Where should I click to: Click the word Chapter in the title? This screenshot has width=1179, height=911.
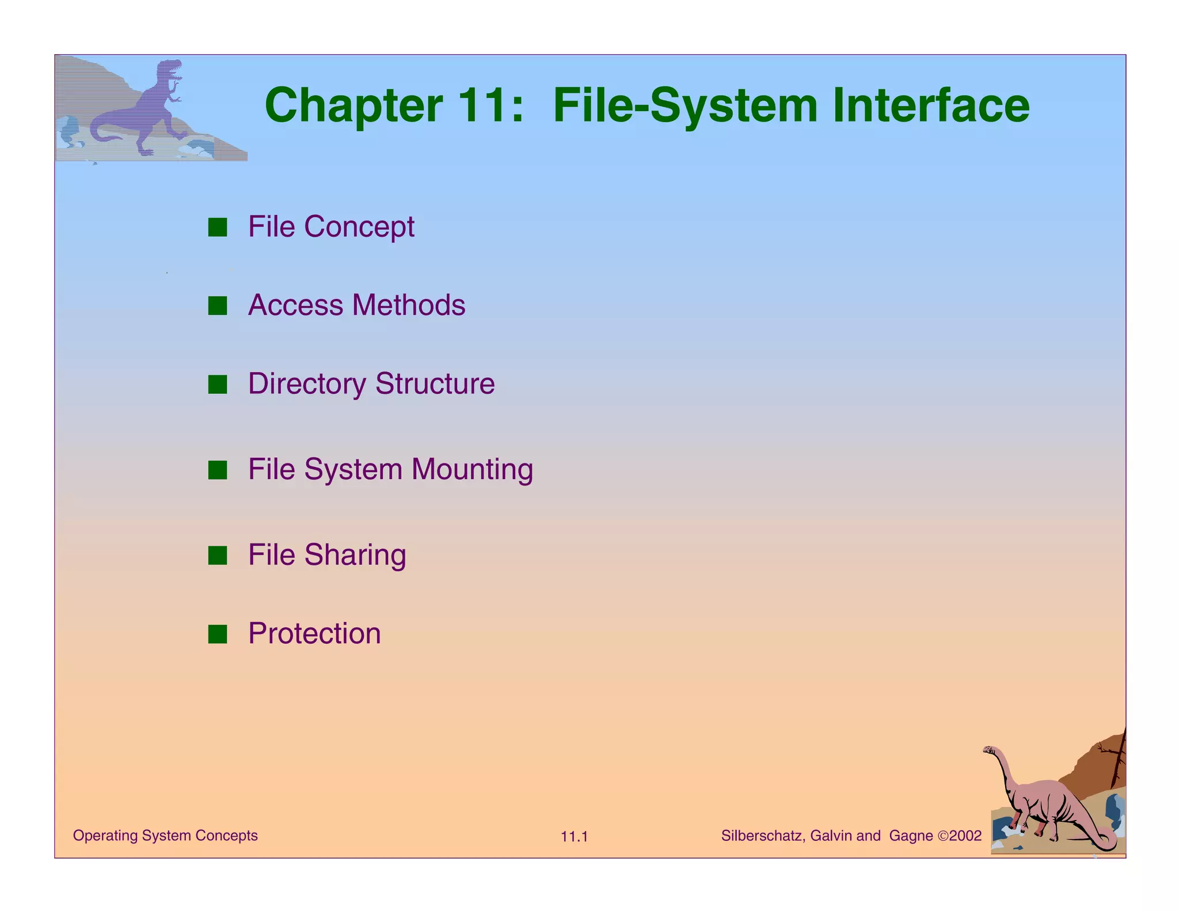point(353,106)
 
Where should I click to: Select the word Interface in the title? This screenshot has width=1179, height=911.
point(930,106)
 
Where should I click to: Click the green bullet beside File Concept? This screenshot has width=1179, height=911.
point(218,227)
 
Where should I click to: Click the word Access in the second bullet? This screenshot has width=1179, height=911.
point(295,305)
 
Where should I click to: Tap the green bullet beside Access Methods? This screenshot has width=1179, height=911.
point(218,306)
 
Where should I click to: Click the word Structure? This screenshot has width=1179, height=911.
point(435,384)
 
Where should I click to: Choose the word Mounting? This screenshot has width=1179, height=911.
point(472,470)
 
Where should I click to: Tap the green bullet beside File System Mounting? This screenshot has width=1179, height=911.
point(218,470)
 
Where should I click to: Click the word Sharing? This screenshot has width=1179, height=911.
point(355,556)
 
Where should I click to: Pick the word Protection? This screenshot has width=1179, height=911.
point(314,633)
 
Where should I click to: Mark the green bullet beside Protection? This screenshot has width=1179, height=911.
point(218,634)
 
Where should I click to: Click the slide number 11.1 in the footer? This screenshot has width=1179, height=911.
point(574,837)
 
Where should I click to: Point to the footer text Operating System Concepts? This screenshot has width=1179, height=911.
point(165,836)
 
